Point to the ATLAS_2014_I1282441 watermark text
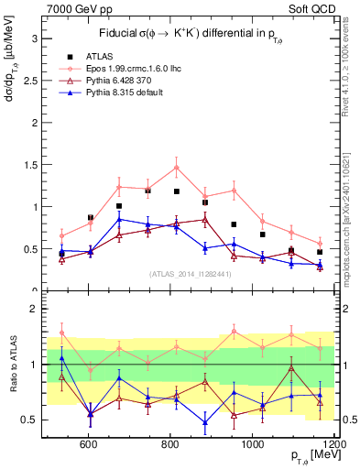tap(190, 274)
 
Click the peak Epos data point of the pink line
tap(176, 167)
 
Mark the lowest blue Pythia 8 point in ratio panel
tap(204, 422)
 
